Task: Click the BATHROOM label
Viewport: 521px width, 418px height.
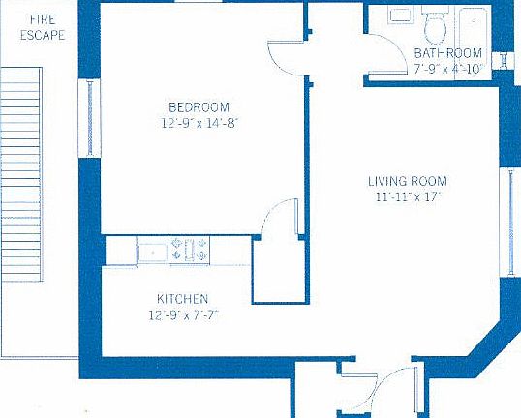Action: (447, 53)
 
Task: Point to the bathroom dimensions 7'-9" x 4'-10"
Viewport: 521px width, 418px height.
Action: (447, 69)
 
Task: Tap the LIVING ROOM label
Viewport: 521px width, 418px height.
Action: (408, 181)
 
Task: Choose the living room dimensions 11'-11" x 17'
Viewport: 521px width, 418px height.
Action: (408, 196)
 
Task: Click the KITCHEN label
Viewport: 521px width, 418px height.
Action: (182, 299)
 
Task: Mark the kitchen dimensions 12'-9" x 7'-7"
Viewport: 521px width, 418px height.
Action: (182, 314)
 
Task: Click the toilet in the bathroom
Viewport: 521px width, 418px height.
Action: (435, 21)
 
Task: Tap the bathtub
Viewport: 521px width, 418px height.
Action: (475, 21)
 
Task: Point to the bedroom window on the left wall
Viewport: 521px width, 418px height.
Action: (92, 118)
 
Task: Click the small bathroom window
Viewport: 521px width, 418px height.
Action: (504, 60)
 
